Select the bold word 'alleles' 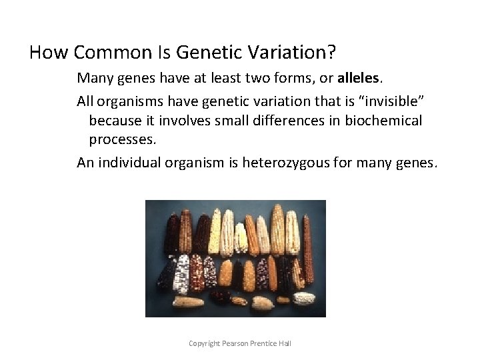point(356,77)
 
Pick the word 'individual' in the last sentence point(128,163)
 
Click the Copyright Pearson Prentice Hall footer point(240,343)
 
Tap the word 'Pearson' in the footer point(235,343)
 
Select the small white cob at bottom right point(303,299)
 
